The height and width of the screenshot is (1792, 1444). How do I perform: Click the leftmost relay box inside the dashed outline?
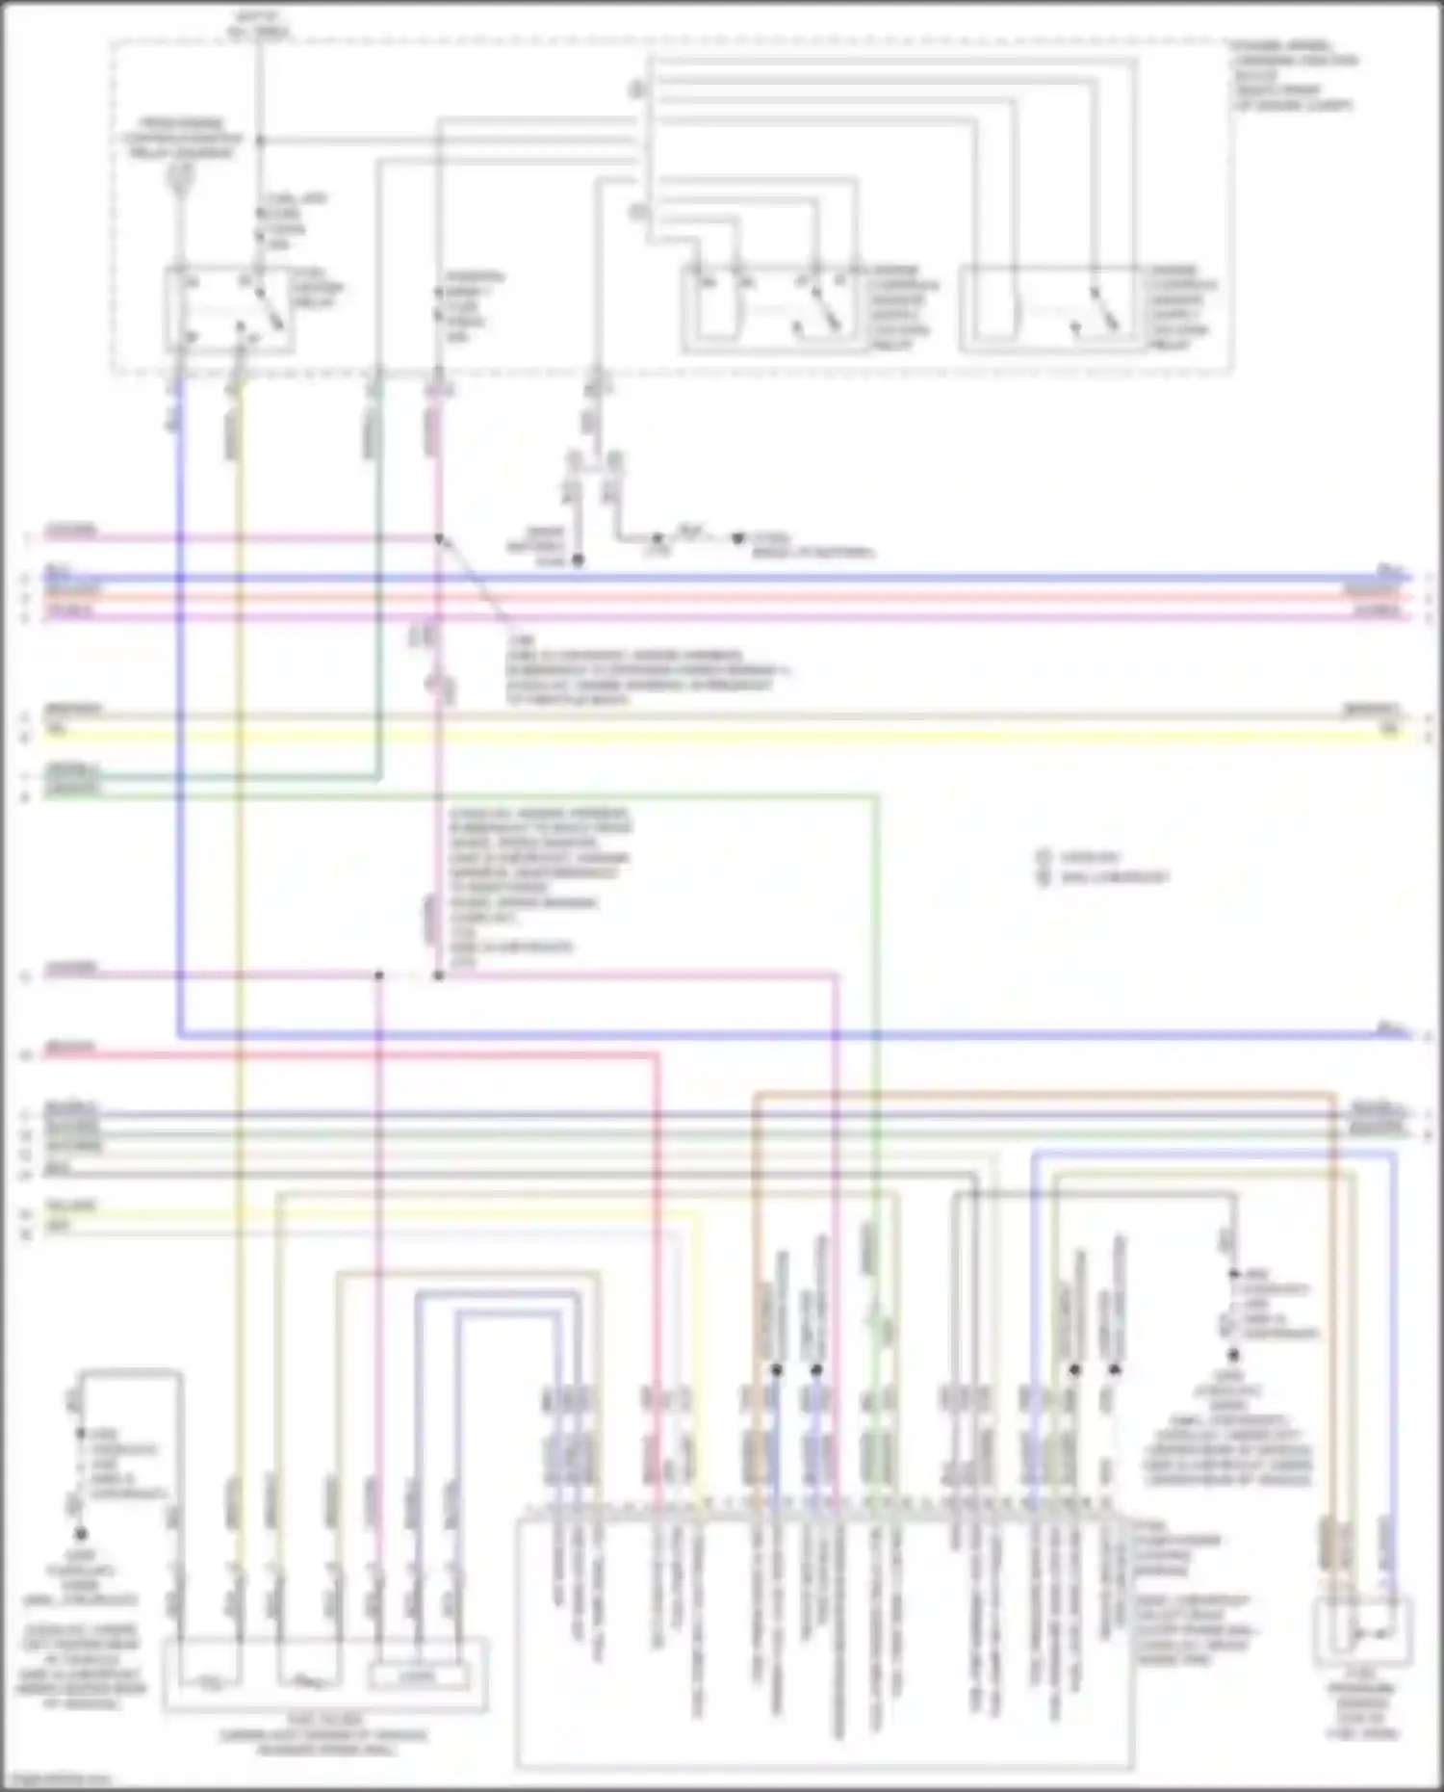228,308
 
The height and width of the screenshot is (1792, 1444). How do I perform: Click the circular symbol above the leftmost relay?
179,176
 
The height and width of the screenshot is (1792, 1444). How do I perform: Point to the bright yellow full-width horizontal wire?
722,736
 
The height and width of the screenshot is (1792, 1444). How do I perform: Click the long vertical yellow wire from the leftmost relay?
239,963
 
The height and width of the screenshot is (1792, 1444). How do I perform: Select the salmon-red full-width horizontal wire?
722,597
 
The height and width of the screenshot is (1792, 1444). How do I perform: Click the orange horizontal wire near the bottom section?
1040,1094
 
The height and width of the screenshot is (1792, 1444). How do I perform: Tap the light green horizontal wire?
626,796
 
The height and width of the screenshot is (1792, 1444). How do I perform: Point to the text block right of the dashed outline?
1294,75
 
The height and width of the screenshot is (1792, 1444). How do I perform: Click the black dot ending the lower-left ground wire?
81,1534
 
